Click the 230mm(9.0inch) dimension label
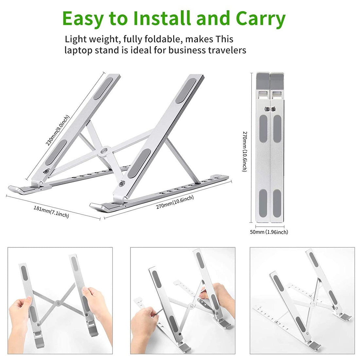point(57,130)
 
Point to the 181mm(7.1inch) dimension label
point(51,212)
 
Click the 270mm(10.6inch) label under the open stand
point(175,202)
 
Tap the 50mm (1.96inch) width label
point(269,232)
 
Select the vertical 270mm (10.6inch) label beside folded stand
point(245,152)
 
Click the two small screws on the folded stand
point(270,109)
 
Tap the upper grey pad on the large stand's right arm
point(186,91)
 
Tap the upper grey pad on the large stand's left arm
point(103,88)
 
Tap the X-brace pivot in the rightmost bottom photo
point(312,304)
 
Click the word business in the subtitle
point(187,50)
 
